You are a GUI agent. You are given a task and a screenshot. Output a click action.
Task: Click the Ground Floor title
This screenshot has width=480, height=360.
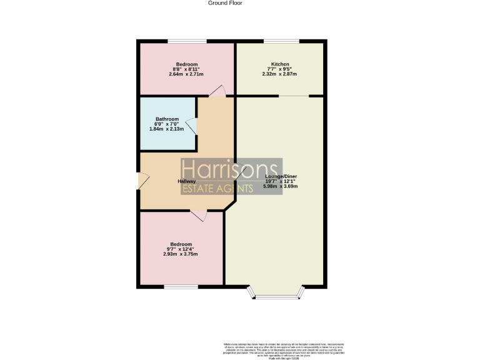[225, 3]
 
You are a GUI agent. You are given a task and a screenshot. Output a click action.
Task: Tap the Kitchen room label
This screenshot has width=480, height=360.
[279, 64]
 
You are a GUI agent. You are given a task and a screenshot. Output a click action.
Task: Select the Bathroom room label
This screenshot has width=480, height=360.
[167, 119]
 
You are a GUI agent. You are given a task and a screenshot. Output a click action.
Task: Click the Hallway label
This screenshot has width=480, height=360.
[186, 181]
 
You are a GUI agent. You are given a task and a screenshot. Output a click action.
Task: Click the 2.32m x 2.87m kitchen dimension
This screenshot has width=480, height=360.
[279, 74]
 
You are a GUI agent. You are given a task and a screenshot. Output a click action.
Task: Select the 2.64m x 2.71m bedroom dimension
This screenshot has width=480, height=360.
[186, 74]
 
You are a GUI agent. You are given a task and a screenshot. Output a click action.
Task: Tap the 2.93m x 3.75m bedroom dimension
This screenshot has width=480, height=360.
[181, 254]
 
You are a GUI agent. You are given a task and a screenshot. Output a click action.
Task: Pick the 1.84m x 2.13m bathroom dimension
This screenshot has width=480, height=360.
[167, 129]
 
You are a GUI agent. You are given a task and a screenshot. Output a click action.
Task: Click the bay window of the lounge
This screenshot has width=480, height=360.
[275, 293]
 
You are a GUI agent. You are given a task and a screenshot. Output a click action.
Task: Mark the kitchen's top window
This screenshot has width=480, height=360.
[281, 42]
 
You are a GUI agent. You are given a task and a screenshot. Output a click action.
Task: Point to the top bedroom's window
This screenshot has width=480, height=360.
[187, 42]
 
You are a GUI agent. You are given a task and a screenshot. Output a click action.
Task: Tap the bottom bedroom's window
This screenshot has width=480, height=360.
[181, 287]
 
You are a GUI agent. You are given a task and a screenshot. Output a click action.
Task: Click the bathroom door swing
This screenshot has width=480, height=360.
[192, 127]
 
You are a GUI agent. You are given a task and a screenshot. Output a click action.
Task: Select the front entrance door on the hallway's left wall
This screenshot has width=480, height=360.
[142, 181]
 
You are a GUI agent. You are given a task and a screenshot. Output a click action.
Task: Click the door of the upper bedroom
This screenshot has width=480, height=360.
[217, 92]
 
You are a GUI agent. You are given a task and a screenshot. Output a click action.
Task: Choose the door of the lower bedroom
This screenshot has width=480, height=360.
[199, 215]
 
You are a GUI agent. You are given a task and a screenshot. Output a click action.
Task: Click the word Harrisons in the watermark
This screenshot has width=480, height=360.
[229, 170]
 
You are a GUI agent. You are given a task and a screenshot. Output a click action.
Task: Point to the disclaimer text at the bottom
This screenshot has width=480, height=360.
[284, 350]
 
